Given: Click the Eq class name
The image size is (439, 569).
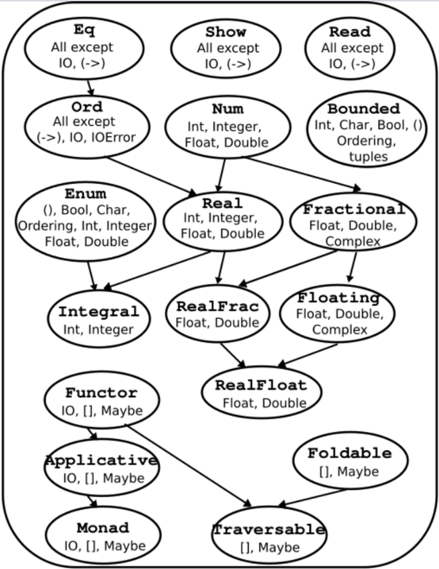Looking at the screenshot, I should [84, 30].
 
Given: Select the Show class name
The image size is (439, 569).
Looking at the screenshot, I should [226, 32].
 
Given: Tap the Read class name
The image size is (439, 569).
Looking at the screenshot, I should [350, 32].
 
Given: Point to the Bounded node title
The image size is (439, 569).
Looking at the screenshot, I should [363, 109].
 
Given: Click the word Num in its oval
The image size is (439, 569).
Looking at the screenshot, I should [228, 109].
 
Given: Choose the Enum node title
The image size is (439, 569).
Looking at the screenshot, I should [85, 194].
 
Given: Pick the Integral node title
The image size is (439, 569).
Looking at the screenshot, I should [99, 312].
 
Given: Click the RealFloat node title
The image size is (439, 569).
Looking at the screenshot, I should [261, 386].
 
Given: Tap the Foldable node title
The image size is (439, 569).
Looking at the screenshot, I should [349, 453].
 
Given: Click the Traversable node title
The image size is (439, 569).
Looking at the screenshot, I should [269, 530].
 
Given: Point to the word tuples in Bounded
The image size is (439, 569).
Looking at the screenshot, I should [368, 156].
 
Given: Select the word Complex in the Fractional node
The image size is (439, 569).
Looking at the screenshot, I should [353, 242].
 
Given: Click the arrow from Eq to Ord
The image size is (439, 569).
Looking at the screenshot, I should [90, 85].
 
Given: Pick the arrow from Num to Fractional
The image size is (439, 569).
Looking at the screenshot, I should [302, 173].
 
